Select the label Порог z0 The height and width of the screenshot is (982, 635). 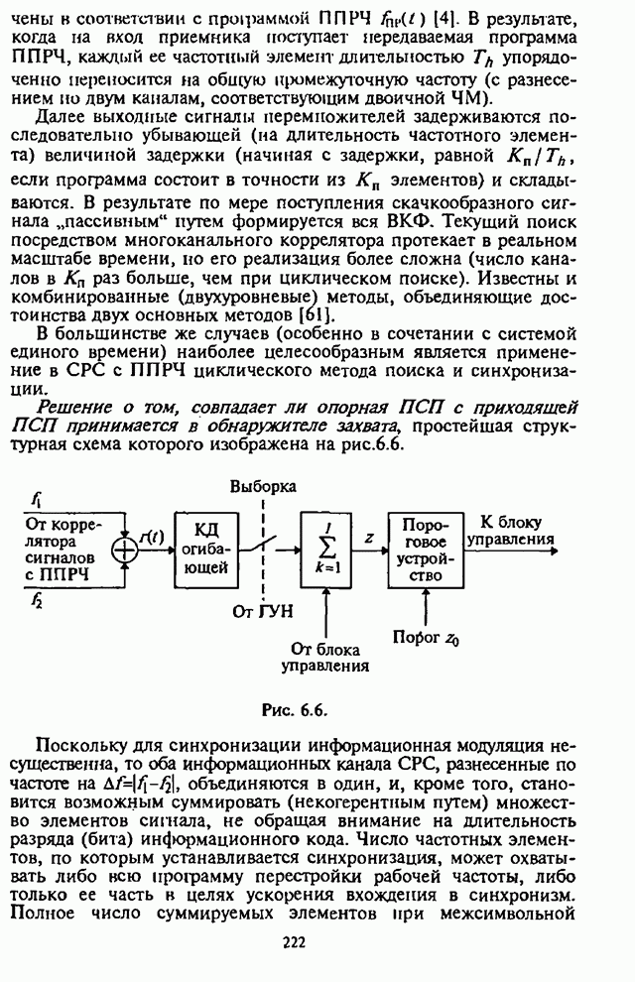pos(426,638)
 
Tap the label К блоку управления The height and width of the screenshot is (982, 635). pos(518,531)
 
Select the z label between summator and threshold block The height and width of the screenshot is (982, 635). pos(368,536)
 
